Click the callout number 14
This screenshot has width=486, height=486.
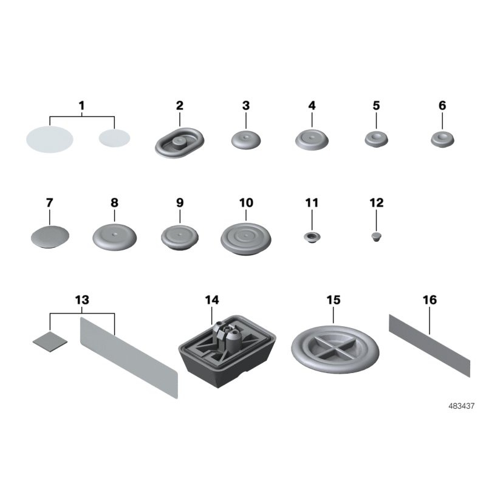point(212,299)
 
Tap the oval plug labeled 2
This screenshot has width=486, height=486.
point(179,143)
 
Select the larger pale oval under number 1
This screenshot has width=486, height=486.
point(50,139)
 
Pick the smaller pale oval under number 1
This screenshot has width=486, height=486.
point(114,138)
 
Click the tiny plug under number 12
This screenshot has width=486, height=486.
point(376,237)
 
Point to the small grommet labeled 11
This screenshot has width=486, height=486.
point(312,238)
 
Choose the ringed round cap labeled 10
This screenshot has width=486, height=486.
point(246,239)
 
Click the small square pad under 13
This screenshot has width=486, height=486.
point(50,341)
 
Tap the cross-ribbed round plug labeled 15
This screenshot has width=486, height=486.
point(335,349)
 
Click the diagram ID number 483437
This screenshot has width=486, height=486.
point(461,406)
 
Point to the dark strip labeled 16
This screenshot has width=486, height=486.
point(430,346)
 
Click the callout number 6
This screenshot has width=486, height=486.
point(442,106)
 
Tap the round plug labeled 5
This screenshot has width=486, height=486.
point(376,139)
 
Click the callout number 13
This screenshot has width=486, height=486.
point(82,299)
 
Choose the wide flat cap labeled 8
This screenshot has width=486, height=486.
point(114,238)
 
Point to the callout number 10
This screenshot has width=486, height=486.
point(246,203)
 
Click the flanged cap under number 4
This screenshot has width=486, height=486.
point(312,140)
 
